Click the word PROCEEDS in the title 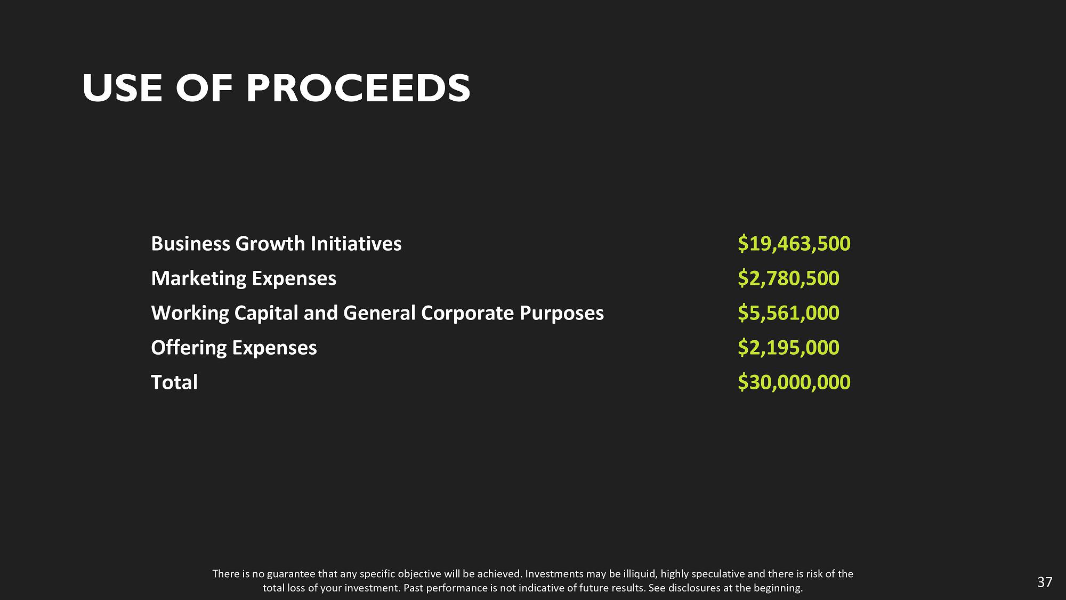[359, 88]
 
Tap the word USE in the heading [123, 88]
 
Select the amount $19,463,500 [794, 244]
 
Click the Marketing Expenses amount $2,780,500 [788, 278]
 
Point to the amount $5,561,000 [788, 313]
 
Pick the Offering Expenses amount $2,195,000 [788, 348]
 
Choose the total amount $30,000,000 [794, 382]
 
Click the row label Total [174, 382]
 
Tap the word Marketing [199, 279]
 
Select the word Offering [189, 348]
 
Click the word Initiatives [356, 244]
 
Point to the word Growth [270, 244]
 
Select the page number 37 [1045, 582]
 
